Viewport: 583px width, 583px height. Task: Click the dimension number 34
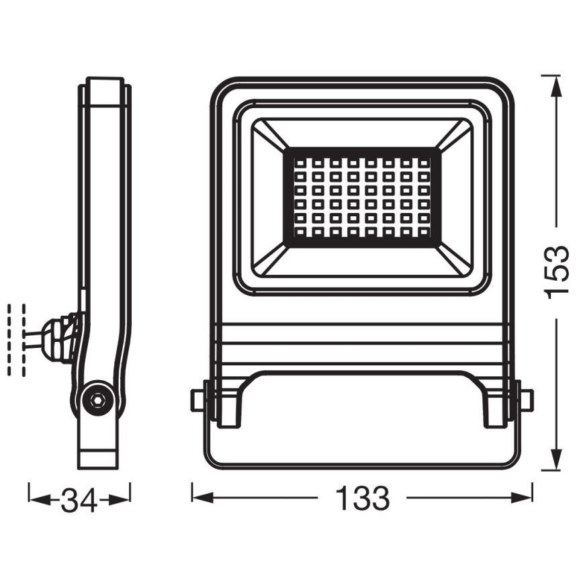pos(79,500)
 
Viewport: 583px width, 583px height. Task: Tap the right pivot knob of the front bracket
pos(525,399)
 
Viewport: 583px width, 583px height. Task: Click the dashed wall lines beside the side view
pos(16,339)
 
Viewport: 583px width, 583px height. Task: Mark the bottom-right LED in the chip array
pos(424,232)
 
